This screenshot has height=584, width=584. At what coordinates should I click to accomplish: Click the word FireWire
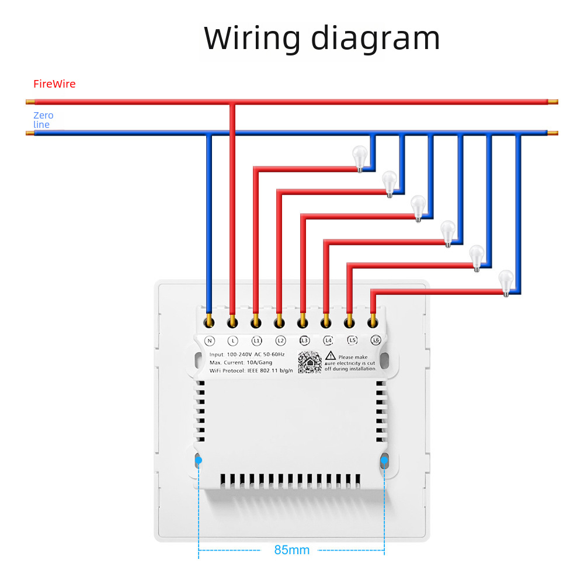[x=54, y=84]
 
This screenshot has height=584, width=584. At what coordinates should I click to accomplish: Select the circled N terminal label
[x=208, y=340]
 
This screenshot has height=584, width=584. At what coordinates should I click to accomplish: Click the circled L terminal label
[x=232, y=340]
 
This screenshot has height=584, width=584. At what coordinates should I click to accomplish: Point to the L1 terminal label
[x=256, y=340]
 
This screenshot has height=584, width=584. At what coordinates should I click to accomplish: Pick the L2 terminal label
[x=280, y=340]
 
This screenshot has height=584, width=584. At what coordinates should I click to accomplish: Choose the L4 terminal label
[x=328, y=340]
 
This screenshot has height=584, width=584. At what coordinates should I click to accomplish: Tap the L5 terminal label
[x=352, y=340]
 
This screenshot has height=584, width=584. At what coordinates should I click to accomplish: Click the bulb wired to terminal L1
[x=360, y=158]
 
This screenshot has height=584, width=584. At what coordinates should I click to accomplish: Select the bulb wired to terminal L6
[x=506, y=281]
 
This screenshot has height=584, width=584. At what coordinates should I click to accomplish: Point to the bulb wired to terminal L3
[x=418, y=207]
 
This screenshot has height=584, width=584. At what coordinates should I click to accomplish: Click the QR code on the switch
[x=310, y=363]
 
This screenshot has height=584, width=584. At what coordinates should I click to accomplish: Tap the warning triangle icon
[x=330, y=356]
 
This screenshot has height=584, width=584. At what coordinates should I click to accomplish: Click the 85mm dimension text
[x=291, y=550]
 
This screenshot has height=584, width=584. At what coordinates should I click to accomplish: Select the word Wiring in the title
[x=252, y=38]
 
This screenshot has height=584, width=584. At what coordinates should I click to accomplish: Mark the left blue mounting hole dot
[x=199, y=461]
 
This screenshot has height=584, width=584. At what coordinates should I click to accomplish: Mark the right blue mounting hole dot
[x=384, y=461]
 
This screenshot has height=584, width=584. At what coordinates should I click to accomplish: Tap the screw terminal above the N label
[x=208, y=321]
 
